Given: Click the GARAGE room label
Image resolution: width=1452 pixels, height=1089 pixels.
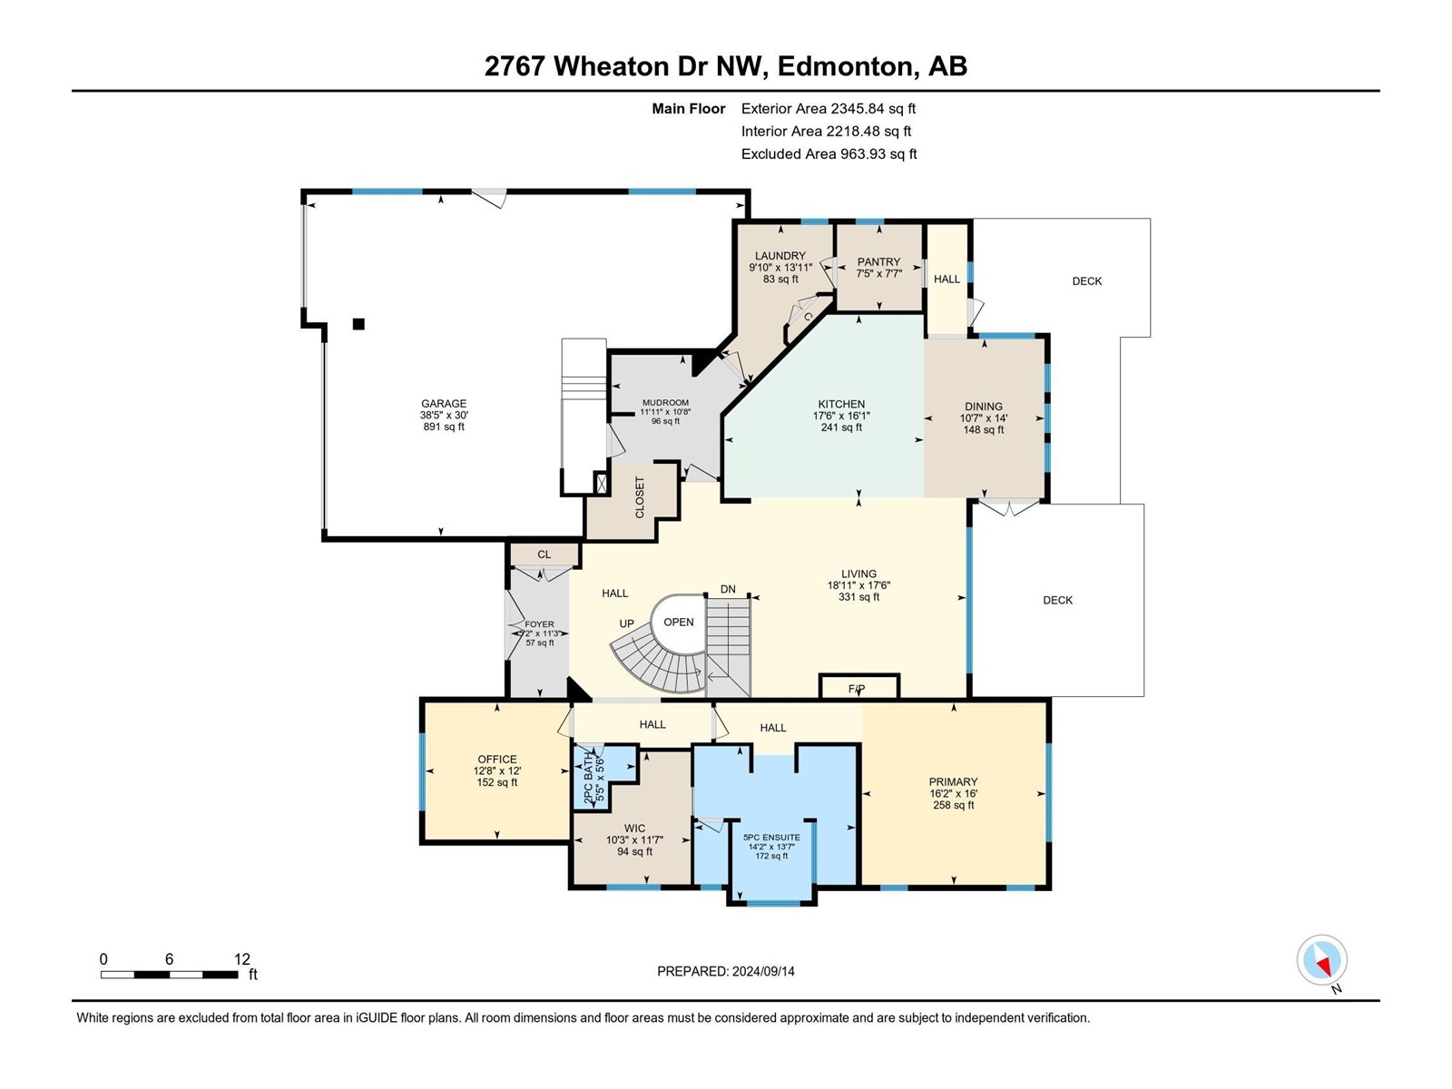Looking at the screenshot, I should point(443,404).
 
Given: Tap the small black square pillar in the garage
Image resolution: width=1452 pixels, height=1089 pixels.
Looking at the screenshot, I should point(358,324).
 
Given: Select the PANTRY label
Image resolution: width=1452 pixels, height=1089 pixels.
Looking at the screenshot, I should point(878,261).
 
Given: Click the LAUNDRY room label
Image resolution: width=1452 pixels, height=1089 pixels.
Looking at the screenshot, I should point(780,256).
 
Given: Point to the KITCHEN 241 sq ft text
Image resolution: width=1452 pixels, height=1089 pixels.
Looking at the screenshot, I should point(841,427).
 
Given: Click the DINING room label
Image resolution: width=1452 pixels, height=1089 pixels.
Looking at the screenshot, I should point(984,407).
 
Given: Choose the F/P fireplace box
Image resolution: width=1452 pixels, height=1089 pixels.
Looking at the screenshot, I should point(858,688).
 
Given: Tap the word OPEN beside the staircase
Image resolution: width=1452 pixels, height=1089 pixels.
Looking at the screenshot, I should point(678,622).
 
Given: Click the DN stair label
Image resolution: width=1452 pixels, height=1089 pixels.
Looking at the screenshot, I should point(728,589).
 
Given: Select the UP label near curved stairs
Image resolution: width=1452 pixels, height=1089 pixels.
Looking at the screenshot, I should point(626,623).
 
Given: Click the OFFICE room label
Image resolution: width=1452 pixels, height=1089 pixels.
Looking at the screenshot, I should point(497,760).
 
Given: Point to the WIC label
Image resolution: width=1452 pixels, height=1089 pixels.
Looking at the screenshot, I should point(634,828).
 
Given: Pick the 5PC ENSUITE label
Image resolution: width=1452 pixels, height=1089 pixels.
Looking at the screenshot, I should point(771,838).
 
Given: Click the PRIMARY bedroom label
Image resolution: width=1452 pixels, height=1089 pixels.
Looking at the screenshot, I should point(953,781).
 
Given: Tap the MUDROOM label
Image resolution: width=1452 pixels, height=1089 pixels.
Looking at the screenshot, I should point(665,403).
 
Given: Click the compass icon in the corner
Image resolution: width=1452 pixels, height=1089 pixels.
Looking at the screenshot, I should point(1322,960).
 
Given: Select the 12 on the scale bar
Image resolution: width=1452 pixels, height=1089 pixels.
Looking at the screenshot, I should point(241,959).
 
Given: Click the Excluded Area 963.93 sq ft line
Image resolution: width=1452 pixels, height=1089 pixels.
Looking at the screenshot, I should point(829,154).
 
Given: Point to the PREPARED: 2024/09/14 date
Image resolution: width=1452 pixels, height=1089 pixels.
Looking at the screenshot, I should point(725,971).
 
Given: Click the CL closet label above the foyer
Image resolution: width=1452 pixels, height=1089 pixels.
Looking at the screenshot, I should point(544,554).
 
